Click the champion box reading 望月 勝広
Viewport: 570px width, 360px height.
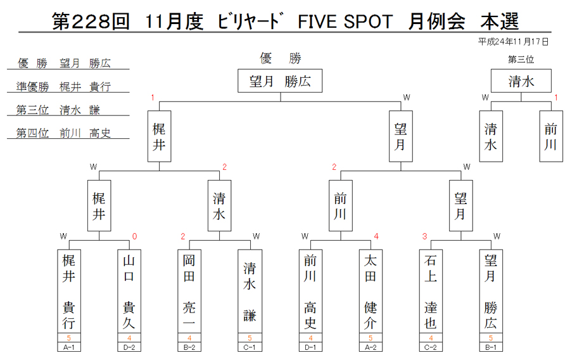point(280,80)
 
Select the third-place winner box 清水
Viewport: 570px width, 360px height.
point(521,80)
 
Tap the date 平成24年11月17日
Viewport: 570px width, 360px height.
point(513,42)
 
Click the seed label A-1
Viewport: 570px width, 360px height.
point(68,347)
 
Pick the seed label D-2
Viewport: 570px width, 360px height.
point(129,347)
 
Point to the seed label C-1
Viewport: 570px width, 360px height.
point(250,347)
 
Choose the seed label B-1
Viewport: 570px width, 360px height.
point(491,347)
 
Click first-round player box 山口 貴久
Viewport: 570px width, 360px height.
point(129,292)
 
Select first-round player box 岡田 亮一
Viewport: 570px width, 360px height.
point(189,292)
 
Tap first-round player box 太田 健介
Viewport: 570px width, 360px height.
point(370,292)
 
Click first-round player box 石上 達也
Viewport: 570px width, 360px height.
point(431,292)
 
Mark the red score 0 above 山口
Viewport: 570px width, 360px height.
point(134,237)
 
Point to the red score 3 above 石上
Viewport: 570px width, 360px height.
point(424,237)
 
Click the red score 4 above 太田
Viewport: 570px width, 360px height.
point(376,237)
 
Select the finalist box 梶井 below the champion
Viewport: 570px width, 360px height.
point(159,136)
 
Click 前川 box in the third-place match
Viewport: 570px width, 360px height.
point(551,136)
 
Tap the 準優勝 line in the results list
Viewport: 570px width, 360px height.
point(64,87)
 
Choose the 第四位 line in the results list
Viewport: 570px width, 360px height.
point(63,133)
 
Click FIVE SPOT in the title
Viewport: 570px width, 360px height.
point(345,22)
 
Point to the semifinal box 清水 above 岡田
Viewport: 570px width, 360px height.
point(219,206)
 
